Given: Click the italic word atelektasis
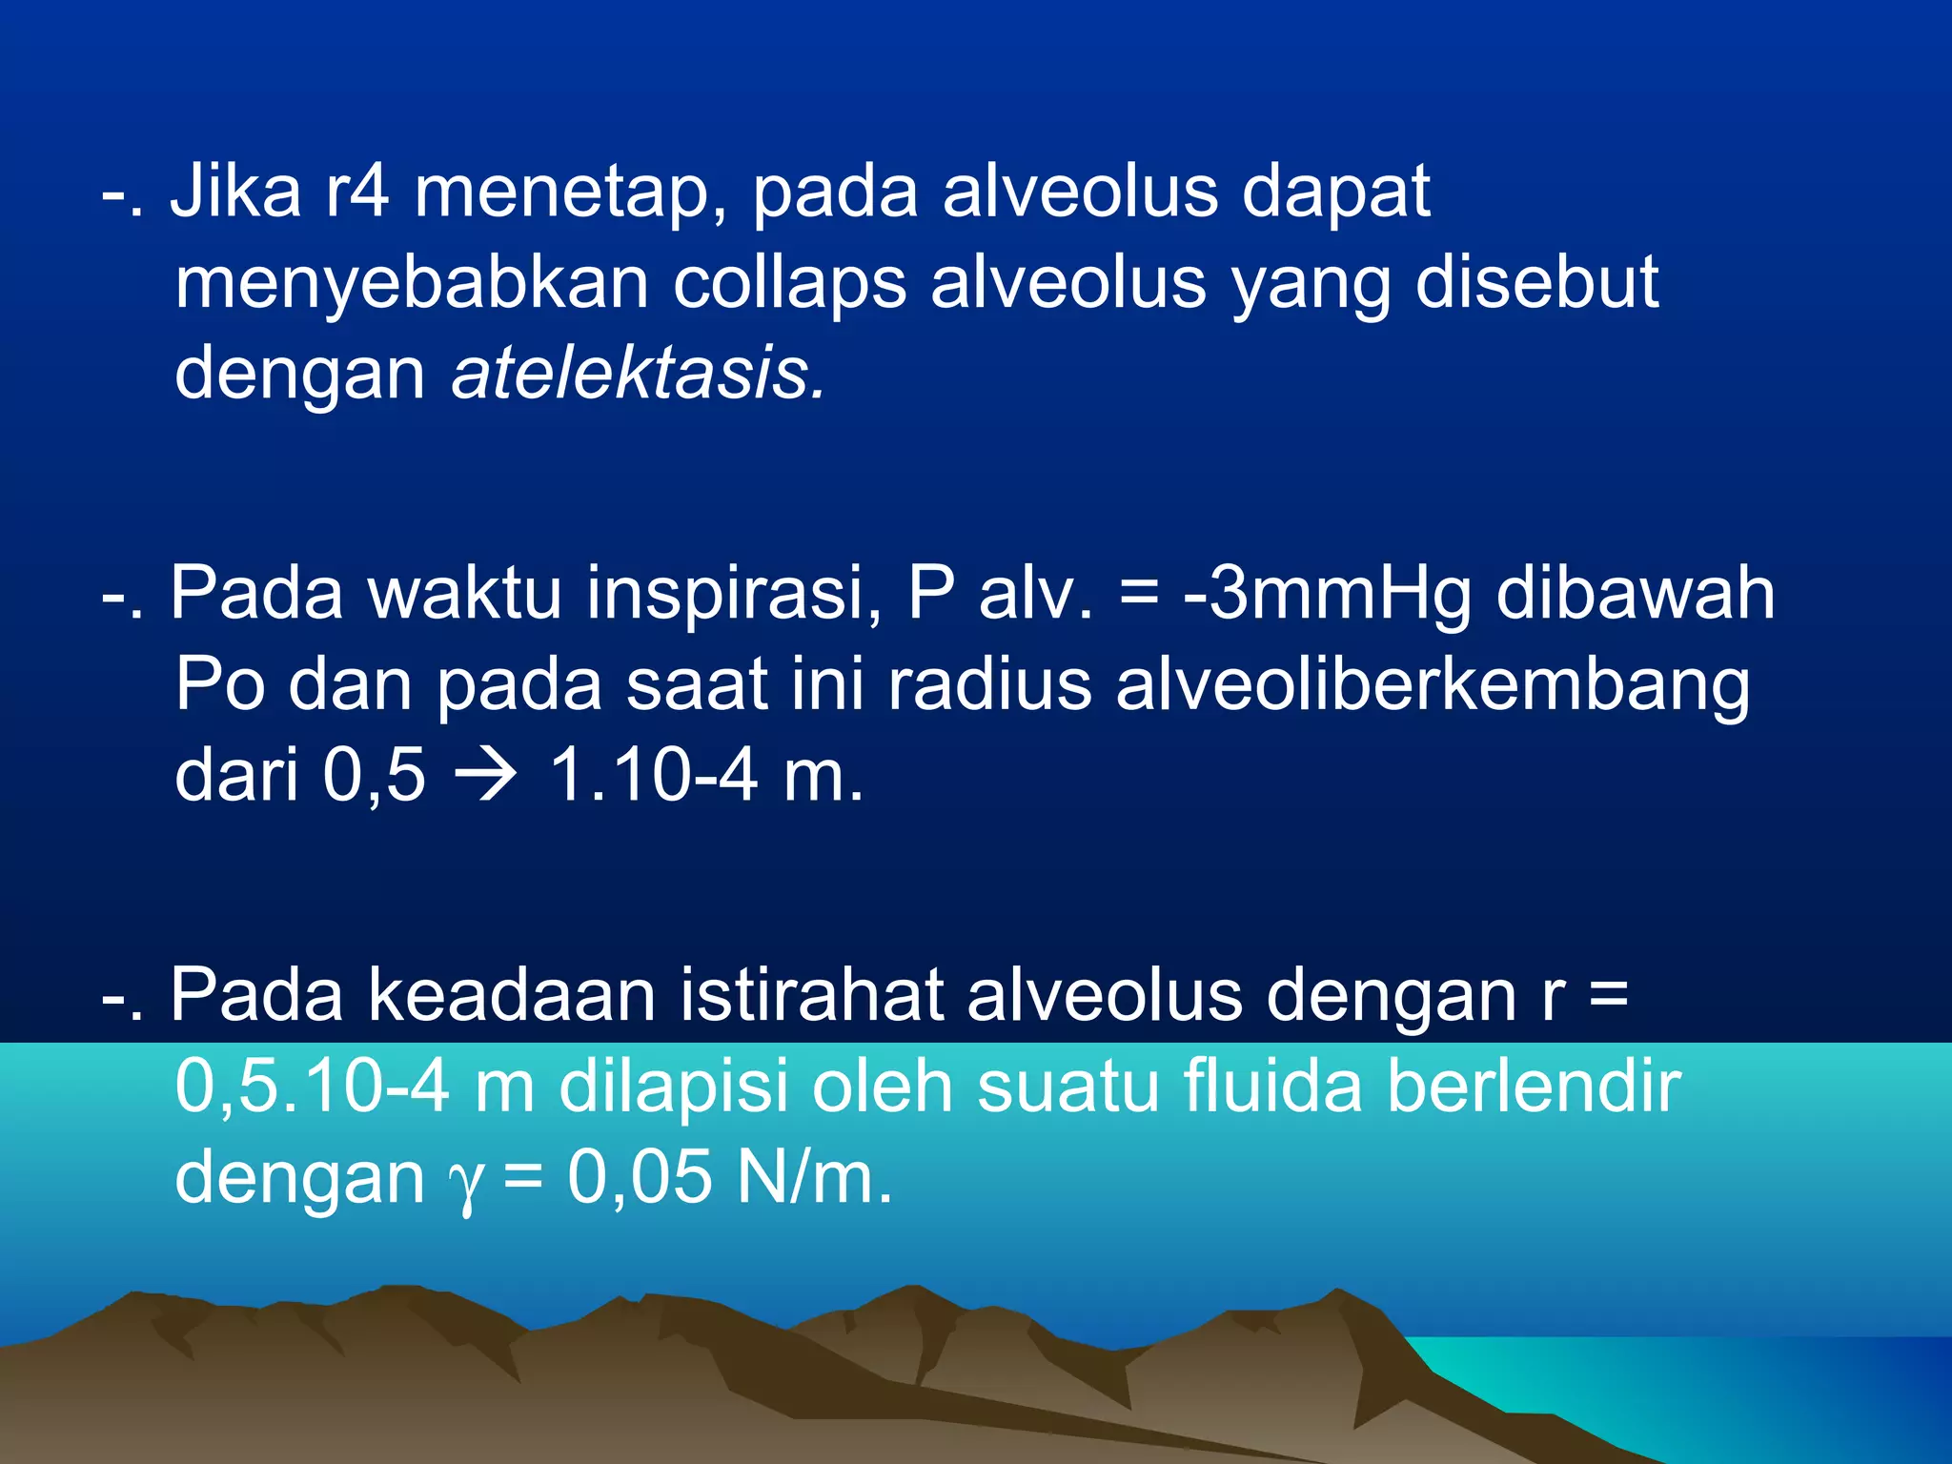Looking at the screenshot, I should point(637,374).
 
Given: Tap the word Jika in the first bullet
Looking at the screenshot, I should point(235,191).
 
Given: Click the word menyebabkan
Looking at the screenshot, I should point(411,283).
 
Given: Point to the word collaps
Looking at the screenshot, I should point(789,283).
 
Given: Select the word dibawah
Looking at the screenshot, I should point(1636,593).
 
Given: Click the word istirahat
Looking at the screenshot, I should point(811,995).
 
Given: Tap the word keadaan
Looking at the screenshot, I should point(512,995).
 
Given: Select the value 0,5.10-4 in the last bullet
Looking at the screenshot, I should point(312,1087).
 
